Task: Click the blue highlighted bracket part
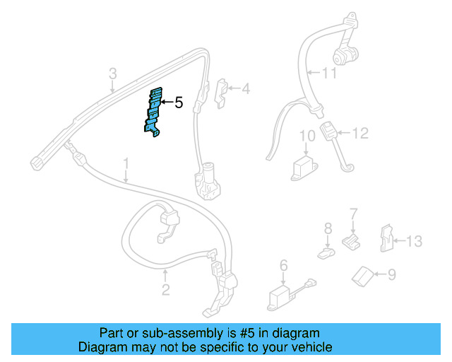155,113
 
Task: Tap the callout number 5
179,103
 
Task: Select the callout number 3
112,74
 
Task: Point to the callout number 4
245,90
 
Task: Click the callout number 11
330,73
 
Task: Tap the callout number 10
307,136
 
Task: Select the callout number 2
165,289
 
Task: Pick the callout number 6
283,265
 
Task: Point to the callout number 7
354,213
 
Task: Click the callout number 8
327,228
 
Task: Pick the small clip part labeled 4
220,91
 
